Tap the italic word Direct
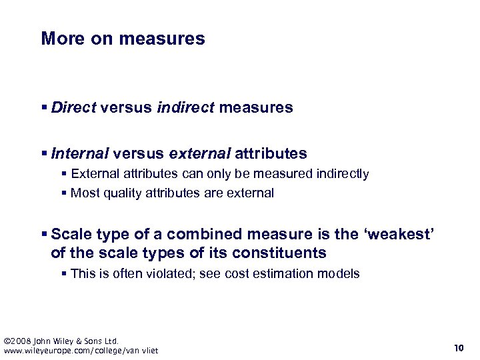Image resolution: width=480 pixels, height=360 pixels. pyautogui.click(x=74, y=107)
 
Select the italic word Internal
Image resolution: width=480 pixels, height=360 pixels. pyautogui.click(x=79, y=154)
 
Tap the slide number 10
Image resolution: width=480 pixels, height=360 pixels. pyautogui.click(x=458, y=347)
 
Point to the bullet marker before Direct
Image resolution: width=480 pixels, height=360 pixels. pyautogui.click(x=45, y=107)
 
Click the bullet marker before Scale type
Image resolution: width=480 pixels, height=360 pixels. pyautogui.click(x=45, y=234)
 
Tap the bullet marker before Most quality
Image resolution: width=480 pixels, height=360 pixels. pyautogui.click(x=64, y=193)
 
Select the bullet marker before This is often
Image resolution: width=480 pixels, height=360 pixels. pyautogui.click(x=64, y=273)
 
